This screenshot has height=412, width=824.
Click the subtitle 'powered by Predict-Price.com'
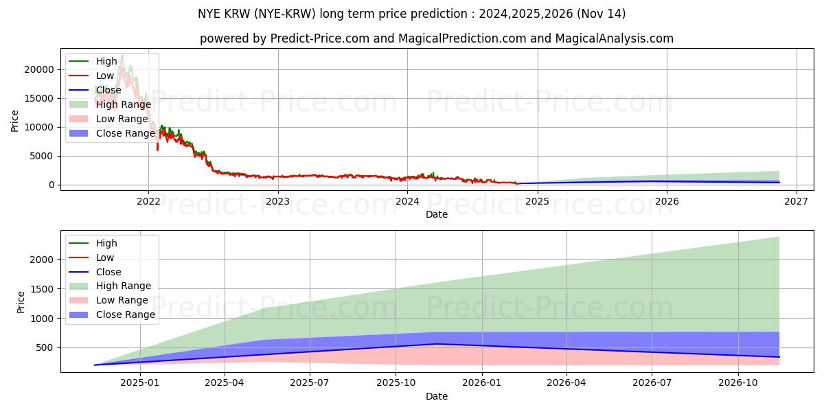pos(437,39)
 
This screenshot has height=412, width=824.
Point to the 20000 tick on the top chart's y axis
pos(39,69)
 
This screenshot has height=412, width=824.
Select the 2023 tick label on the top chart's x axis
pos(277,201)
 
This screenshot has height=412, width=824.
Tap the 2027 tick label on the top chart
pos(796,201)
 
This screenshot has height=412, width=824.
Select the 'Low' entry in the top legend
pos(106,76)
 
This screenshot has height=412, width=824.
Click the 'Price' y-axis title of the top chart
pos(15,121)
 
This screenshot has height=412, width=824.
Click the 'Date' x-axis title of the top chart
pos(437,214)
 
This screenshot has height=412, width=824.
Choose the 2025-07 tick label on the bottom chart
pos(310,383)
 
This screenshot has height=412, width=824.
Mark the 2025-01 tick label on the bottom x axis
pos(139,383)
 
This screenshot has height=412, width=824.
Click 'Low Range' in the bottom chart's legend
pos(122,300)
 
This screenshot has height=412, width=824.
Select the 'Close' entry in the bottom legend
pos(108,272)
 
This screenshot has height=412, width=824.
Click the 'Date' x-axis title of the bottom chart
pos(437,396)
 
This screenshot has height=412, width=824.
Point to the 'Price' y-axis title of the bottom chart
pos(21,302)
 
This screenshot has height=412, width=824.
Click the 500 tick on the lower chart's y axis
pos(45,348)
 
